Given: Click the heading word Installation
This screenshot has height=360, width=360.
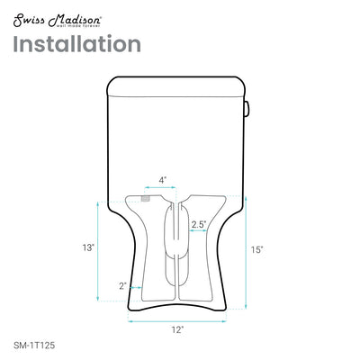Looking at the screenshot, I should point(77,44).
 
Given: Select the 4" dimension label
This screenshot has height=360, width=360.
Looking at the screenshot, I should point(162,179).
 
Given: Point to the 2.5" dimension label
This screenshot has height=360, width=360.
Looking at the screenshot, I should point(201,223).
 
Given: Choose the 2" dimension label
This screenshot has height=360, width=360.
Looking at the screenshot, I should point(122,285).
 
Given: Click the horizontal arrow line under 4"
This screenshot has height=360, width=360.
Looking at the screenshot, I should point(164,189).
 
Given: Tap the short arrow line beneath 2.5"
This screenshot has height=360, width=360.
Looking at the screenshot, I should point(201,232).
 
